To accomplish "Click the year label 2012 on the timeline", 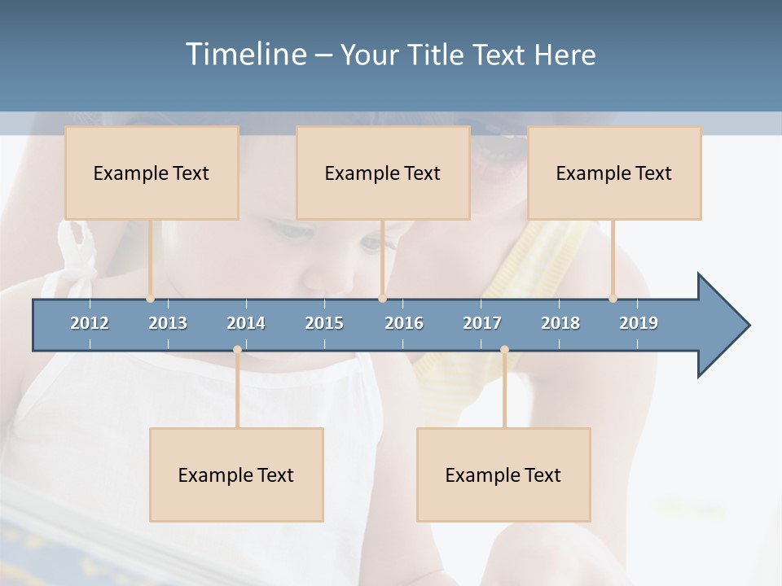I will point(90,323).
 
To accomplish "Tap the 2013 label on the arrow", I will point(168,323).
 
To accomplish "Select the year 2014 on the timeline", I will point(246,323).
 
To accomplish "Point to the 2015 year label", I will point(324,323).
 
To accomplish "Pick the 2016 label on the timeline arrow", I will point(404,323).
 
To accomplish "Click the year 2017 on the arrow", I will point(482,323).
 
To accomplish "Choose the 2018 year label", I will point(560,323).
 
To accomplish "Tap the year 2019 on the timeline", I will point(639,323).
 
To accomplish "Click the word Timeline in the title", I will point(244,55).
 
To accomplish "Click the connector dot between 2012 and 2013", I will point(150,299).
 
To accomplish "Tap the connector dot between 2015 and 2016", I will point(382,299).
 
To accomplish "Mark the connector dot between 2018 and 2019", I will point(613,299).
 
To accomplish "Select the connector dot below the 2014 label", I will point(237,350).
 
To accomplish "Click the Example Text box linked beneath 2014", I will point(236,474).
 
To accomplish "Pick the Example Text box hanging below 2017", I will point(503,474).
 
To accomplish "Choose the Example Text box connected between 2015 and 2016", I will point(383,173).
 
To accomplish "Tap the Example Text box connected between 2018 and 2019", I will point(614,173).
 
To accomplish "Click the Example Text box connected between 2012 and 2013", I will point(152,173).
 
